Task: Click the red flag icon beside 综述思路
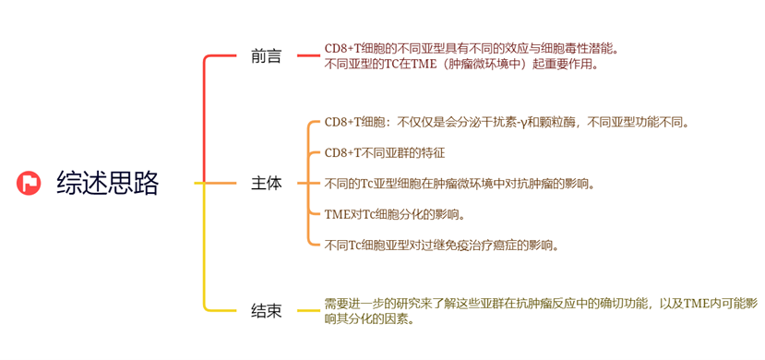[x=30, y=183]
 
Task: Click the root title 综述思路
[x=107, y=183]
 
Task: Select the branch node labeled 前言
[x=267, y=56]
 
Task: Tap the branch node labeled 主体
[x=267, y=183]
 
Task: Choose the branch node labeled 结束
[x=267, y=311]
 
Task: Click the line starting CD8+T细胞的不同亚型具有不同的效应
[x=471, y=49]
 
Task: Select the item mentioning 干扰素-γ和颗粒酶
[x=507, y=122]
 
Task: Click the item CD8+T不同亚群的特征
[x=385, y=152]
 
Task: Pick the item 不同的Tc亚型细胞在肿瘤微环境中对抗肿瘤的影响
[x=459, y=183]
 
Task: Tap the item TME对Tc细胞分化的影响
[x=394, y=214]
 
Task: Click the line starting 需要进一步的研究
[x=541, y=303]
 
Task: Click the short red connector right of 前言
[x=306, y=56]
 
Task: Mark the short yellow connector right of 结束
[x=306, y=311]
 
